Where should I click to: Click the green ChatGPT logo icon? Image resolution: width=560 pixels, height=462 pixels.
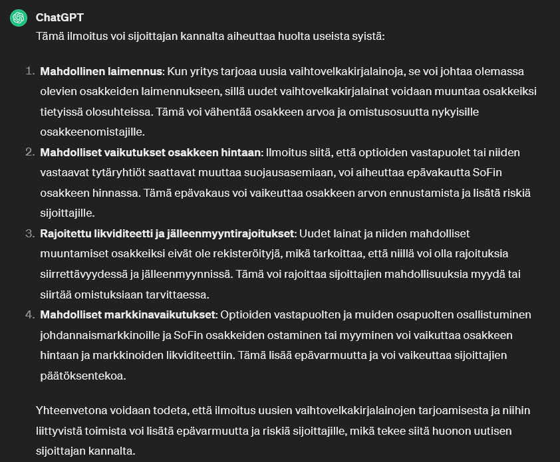[x=19, y=18]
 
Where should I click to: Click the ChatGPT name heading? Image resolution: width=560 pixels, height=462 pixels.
[x=60, y=17]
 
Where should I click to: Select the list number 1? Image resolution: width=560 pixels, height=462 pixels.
[x=30, y=71]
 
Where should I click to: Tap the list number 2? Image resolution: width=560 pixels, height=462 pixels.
[x=30, y=152]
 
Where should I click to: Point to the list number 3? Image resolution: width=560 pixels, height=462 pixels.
[x=30, y=233]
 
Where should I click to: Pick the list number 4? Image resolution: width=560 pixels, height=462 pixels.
[x=30, y=314]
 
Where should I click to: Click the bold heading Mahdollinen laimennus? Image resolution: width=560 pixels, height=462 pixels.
[x=101, y=71]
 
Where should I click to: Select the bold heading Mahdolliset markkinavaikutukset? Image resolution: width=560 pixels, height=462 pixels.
[x=128, y=314]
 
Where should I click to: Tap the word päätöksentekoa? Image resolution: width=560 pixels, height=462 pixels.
[x=83, y=376]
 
